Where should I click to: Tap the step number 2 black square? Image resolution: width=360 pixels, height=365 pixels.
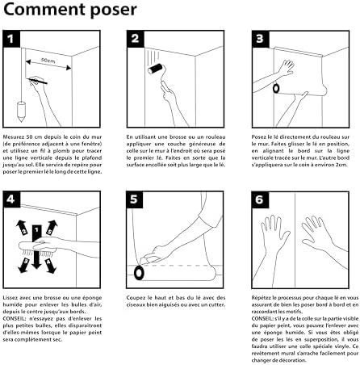coord(136,40)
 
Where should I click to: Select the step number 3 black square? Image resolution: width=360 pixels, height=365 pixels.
coord(258,40)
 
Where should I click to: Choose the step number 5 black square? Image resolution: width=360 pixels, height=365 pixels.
coord(136,197)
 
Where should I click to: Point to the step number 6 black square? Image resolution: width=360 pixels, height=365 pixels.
coord(258,197)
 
